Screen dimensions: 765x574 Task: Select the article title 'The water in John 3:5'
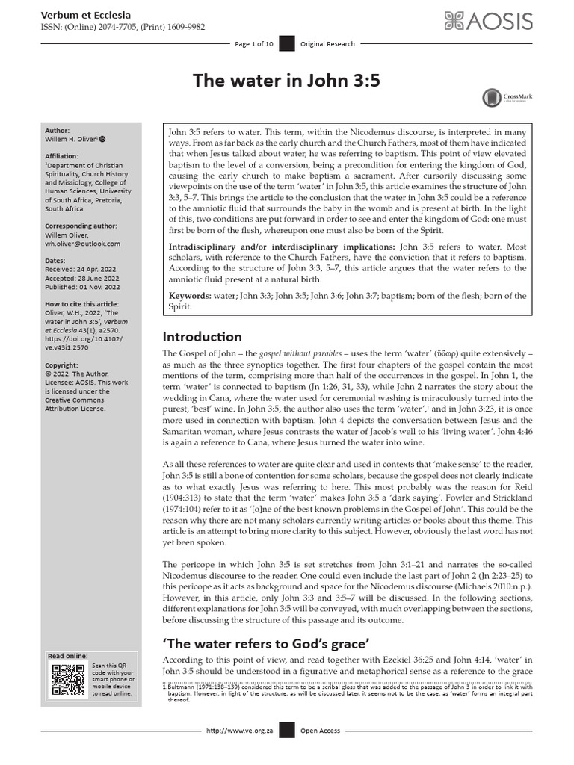point(286,80)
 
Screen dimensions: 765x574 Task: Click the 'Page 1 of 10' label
point(254,44)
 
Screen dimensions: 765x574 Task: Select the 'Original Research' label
point(327,44)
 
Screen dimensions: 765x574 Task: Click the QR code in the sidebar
point(67,678)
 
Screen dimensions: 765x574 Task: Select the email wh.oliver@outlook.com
point(82,244)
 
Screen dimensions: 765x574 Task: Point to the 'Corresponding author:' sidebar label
point(82,226)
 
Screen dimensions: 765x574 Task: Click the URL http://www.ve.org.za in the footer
point(237,752)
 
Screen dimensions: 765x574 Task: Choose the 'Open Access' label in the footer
point(320,752)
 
